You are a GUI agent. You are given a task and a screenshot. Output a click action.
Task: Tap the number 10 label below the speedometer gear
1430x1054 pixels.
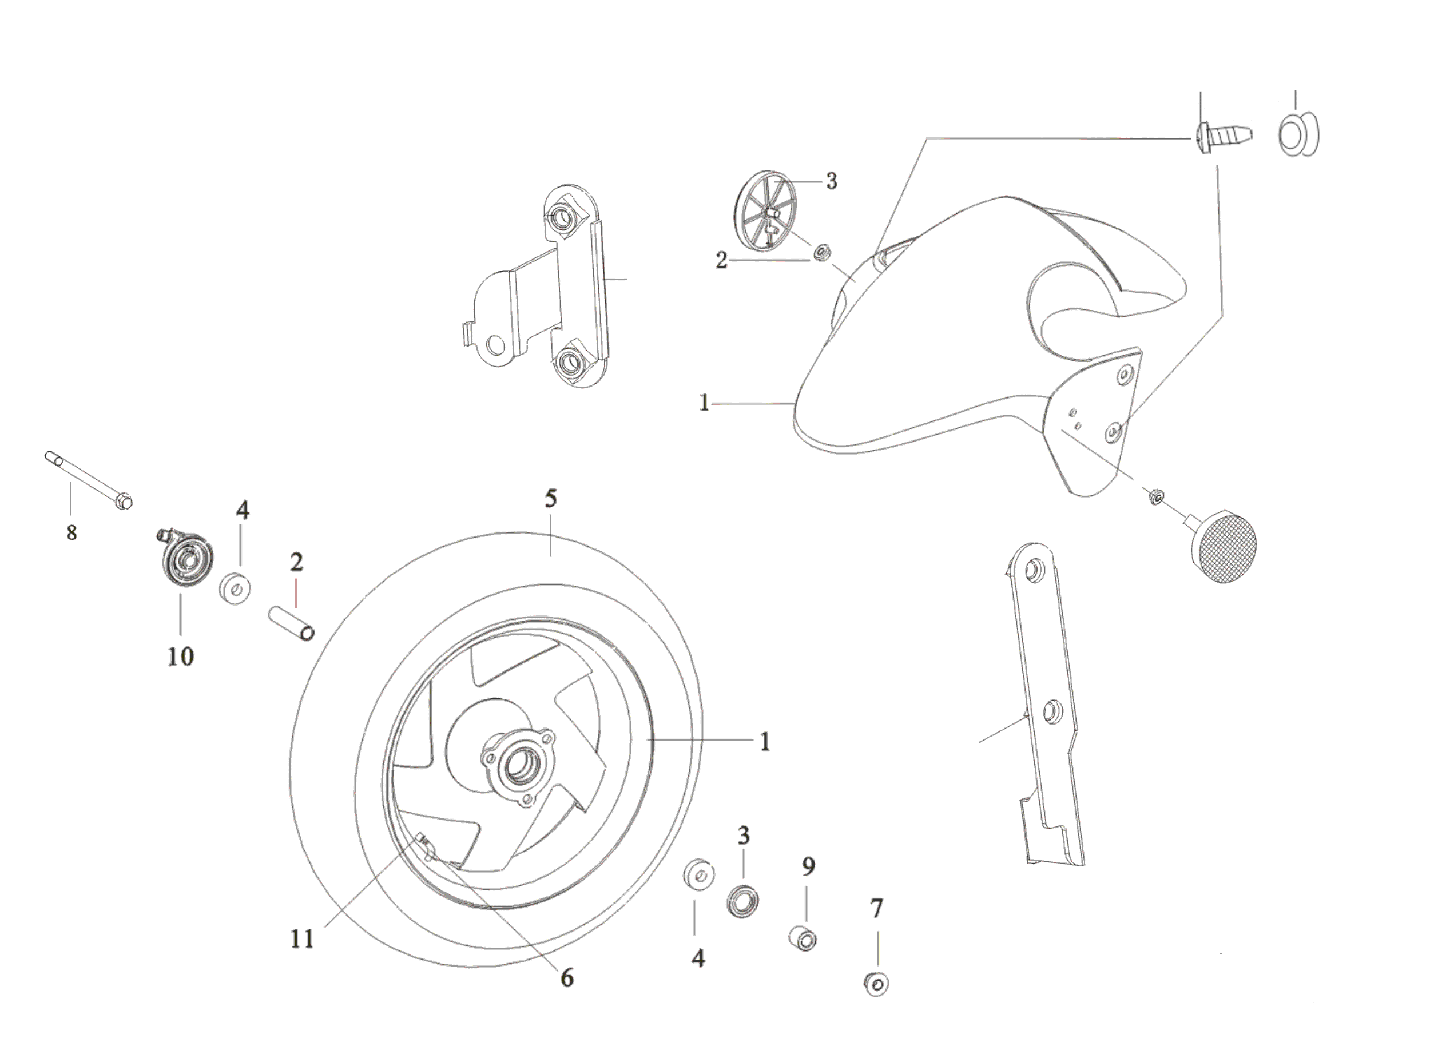(x=181, y=656)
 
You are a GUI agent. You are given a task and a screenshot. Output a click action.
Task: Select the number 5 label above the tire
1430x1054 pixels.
(x=551, y=498)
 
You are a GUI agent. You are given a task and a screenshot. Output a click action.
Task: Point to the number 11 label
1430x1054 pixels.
(x=303, y=938)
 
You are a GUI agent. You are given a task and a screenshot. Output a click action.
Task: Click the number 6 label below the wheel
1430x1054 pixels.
(x=567, y=977)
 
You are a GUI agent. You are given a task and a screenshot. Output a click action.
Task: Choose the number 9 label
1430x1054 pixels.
(x=808, y=866)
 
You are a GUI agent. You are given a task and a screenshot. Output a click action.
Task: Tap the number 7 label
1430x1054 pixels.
(x=877, y=909)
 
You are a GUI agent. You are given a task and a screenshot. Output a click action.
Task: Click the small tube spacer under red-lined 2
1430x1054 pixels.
(x=291, y=625)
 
